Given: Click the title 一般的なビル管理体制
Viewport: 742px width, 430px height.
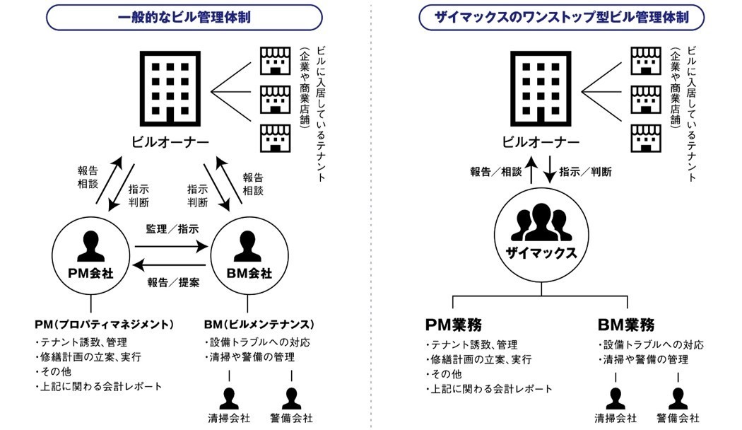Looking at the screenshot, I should click(x=185, y=17).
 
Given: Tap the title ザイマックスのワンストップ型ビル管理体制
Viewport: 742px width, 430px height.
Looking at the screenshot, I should click(x=561, y=17).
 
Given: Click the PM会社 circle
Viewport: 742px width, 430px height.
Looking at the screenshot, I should click(x=90, y=255).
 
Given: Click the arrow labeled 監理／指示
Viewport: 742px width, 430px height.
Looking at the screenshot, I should click(x=172, y=247).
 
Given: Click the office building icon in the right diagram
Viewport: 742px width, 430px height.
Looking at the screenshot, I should click(x=541, y=86).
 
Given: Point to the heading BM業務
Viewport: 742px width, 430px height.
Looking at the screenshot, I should click(x=625, y=325).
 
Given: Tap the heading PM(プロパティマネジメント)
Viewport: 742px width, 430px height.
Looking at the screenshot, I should click(x=104, y=324).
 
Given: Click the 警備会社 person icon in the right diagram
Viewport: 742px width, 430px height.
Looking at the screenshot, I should click(x=677, y=399).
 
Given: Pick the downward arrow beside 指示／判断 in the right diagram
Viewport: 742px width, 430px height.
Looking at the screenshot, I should click(x=550, y=172).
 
